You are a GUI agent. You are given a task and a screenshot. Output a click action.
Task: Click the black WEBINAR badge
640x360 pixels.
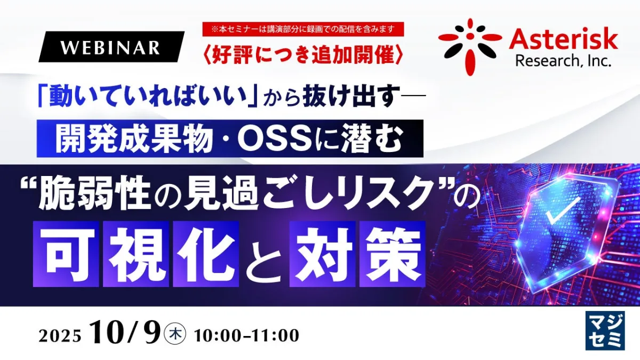pyautogui.click(x=111, y=47)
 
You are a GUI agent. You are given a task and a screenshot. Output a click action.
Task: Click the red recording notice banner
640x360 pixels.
pyautogui.click(x=303, y=29)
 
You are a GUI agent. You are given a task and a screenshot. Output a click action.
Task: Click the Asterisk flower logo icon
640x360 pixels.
pyautogui.click(x=470, y=46)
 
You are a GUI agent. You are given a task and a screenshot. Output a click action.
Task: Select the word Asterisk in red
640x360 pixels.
pyautogui.click(x=563, y=39)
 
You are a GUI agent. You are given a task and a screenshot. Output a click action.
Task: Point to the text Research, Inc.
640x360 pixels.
pyautogui.click(x=563, y=61)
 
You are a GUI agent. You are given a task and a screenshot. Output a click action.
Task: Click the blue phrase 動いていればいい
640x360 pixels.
pyautogui.click(x=147, y=97)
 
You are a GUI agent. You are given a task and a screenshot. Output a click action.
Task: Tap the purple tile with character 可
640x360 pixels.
pyautogui.click(x=66, y=254)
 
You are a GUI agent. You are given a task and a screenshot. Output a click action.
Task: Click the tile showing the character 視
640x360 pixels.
pyautogui.click(x=136, y=254)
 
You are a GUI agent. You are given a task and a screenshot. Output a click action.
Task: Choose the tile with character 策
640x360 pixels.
pyautogui.click(x=393, y=254)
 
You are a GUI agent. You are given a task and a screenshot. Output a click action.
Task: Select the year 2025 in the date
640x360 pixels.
pyautogui.click(x=60, y=337)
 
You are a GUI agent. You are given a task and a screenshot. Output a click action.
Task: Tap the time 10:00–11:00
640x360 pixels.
pyautogui.click(x=246, y=335)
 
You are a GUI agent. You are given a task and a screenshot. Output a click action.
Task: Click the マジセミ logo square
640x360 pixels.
pyautogui.click(x=605, y=331)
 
